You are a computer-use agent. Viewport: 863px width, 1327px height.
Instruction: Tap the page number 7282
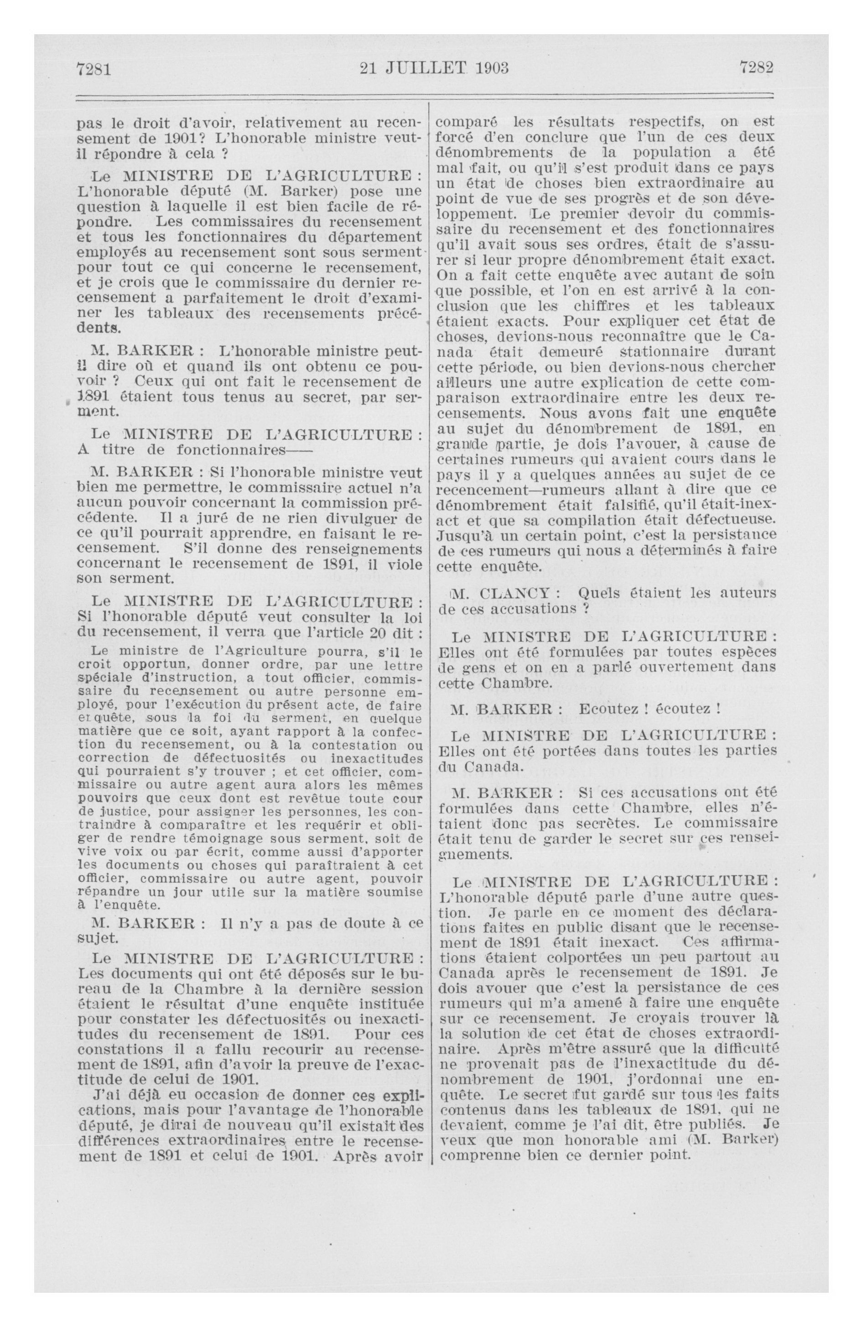click(x=756, y=68)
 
